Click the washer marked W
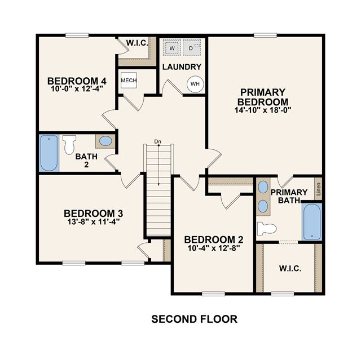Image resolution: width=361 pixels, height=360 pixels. [x=171, y=47]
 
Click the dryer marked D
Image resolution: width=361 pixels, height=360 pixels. [x=192, y=47]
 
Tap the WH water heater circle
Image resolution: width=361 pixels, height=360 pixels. [x=195, y=84]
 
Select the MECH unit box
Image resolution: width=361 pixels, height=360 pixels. [x=129, y=80]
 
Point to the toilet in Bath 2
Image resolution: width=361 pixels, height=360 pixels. [x=69, y=144]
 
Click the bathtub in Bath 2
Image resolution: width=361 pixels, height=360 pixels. [x=49, y=153]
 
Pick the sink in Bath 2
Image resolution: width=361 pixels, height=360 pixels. [x=105, y=141]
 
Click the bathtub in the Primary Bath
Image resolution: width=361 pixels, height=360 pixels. [x=312, y=221]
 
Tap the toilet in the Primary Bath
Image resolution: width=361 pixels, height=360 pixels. [x=267, y=229]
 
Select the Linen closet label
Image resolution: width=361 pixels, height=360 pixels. [x=318, y=189]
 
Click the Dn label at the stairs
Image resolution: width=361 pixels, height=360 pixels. [x=158, y=141]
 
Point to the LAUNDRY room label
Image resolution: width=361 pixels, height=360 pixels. [x=182, y=67]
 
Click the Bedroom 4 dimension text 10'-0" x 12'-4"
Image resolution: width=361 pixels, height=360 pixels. [x=77, y=89]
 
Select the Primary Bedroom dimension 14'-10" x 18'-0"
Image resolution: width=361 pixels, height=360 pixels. [x=263, y=110]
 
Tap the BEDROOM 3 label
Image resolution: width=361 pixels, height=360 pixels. [x=94, y=214]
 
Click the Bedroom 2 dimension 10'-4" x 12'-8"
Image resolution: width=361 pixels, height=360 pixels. [x=214, y=248]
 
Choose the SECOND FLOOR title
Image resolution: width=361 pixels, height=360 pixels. [x=194, y=319]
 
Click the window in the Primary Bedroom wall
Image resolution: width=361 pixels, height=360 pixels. [x=265, y=35]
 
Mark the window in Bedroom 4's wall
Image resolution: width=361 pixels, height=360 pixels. [x=77, y=35]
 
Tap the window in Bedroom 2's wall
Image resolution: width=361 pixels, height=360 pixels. [x=213, y=294]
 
